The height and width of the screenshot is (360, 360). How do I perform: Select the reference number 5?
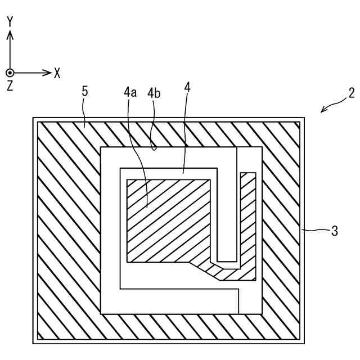[x=85, y=92]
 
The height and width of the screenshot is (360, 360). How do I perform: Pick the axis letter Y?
[x=10, y=22]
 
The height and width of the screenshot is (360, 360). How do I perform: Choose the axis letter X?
[x=57, y=73]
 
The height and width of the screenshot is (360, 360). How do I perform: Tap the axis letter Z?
[x=10, y=86]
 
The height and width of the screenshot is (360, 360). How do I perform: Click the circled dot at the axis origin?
[x=10, y=73]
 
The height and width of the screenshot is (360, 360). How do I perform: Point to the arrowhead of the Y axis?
[x=10, y=34]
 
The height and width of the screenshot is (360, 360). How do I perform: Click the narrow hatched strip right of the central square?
[x=248, y=225]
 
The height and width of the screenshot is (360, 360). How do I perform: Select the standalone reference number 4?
[x=187, y=88]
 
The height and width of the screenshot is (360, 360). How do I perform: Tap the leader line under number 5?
[x=85, y=112]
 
